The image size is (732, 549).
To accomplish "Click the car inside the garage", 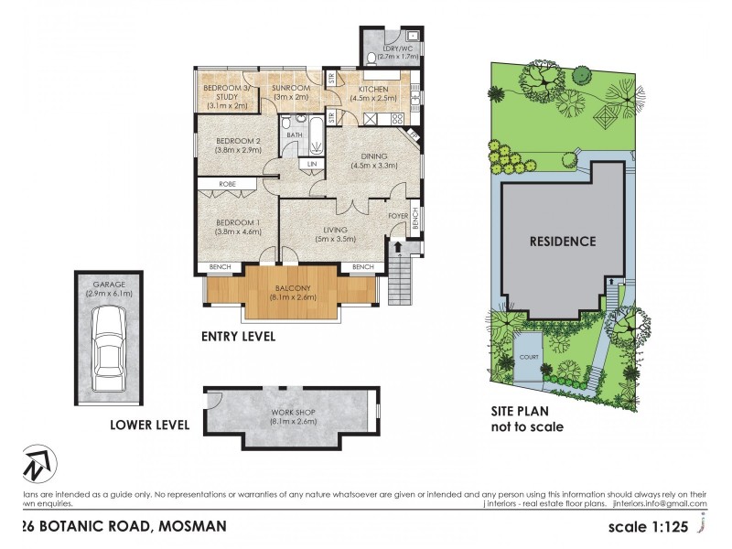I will point(110,343).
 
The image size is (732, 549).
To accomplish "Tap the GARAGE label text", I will point(110,285).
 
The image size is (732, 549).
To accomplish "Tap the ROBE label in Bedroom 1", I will point(227,184).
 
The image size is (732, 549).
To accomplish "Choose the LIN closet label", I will point(312,164).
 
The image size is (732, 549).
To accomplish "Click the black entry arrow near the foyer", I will point(398,245).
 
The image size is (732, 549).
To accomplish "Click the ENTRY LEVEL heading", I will point(238,337).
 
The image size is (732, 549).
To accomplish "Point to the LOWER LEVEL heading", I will point(149,425).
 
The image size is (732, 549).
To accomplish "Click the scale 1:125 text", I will point(655,528).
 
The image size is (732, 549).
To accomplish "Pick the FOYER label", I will point(398,216).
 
